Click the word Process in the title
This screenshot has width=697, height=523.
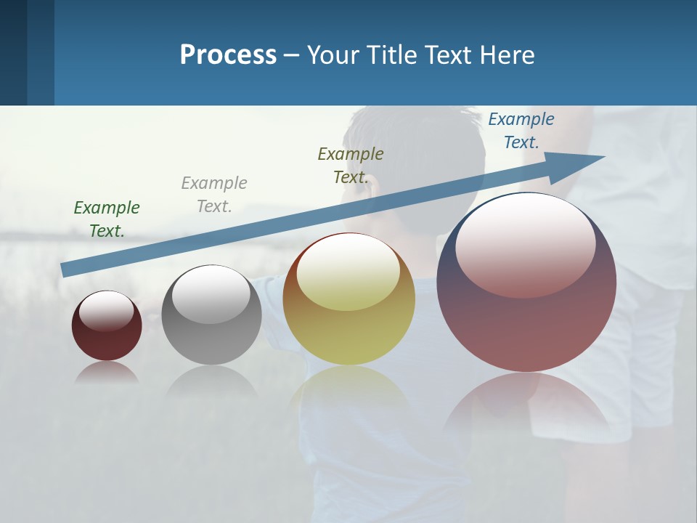tap(228, 55)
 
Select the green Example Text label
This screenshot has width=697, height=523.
tap(107, 219)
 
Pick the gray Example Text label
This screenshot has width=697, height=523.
tap(214, 194)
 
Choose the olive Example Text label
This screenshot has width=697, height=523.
tap(351, 165)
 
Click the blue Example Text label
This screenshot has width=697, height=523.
tap(521, 131)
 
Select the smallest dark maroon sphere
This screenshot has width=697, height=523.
tap(107, 341)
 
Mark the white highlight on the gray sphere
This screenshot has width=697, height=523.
tap(211, 293)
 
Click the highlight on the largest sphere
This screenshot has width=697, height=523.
tap(526, 243)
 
